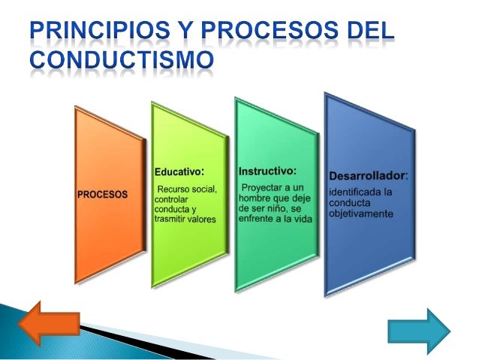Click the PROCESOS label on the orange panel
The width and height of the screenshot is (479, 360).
coord(103,194)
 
